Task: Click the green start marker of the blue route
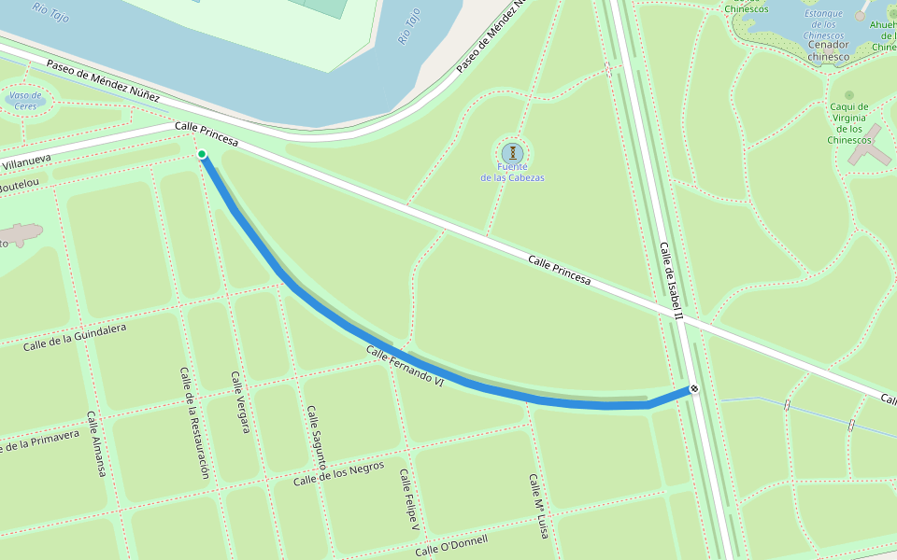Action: tap(202, 154)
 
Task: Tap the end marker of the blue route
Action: tap(694, 388)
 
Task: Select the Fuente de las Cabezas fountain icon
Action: tap(512, 152)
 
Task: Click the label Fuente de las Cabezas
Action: tap(512, 172)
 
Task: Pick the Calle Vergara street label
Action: tap(240, 402)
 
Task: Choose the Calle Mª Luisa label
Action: tap(537, 507)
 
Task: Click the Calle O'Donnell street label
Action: tap(451, 545)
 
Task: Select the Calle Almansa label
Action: tap(96, 444)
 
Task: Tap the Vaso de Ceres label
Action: tap(25, 101)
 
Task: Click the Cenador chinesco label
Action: tap(829, 50)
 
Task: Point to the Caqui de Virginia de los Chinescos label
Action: tap(849, 123)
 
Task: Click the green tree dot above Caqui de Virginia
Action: tap(848, 95)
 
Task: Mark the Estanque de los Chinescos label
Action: tap(823, 24)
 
